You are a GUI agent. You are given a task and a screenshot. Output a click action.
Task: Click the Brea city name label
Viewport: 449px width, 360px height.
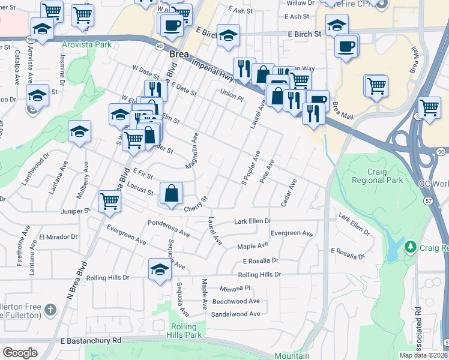click(x=179, y=54)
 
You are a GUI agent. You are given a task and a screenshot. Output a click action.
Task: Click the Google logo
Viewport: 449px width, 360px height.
click(x=20, y=353)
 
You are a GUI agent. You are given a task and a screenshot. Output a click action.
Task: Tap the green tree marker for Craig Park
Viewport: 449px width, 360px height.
click(x=411, y=247)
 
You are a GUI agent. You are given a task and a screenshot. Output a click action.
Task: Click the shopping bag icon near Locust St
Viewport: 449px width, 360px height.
click(x=171, y=193)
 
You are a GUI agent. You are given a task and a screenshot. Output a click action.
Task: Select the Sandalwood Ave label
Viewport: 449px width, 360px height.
click(x=236, y=314)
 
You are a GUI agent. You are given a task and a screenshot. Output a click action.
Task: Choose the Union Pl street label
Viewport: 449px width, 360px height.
click(x=232, y=93)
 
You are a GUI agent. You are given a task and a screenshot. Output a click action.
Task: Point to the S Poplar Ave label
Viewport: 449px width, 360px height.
click(x=250, y=169)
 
